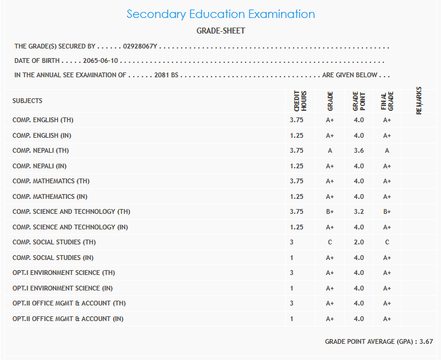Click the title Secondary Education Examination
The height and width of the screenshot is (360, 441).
220,14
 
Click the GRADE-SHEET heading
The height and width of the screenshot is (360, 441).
220,31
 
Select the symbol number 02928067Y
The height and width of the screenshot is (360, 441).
140,46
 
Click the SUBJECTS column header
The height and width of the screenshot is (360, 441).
28,101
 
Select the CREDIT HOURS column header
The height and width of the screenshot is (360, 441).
300,101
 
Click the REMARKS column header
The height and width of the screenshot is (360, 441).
418,101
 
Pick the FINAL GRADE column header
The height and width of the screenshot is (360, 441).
387,101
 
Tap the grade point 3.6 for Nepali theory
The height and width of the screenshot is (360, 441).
358,150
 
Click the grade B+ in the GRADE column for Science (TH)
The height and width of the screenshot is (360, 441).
330,211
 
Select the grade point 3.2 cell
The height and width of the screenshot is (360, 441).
358,211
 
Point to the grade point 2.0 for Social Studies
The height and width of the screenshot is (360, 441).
358,242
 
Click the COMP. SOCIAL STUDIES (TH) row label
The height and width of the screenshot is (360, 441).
54,242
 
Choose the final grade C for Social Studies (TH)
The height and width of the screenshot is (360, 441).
387,242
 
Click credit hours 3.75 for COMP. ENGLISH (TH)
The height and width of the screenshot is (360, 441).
297,120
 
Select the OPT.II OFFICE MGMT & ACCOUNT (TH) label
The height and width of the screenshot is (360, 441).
69,303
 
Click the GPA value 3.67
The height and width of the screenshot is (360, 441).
426,341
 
